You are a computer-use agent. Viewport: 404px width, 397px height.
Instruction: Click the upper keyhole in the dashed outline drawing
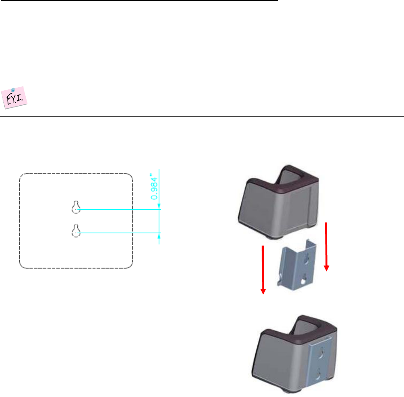coord(76,207)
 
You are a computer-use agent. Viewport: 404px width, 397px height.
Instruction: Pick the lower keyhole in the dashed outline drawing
coord(76,231)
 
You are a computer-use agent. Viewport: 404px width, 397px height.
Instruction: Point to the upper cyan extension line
coord(120,210)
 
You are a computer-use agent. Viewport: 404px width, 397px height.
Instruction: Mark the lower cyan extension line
coord(120,233)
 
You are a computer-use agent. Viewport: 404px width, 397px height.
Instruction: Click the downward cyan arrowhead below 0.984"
coord(159,206)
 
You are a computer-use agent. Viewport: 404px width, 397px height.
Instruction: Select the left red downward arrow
coord(263,269)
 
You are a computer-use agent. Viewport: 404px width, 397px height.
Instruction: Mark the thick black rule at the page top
coord(139,1)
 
